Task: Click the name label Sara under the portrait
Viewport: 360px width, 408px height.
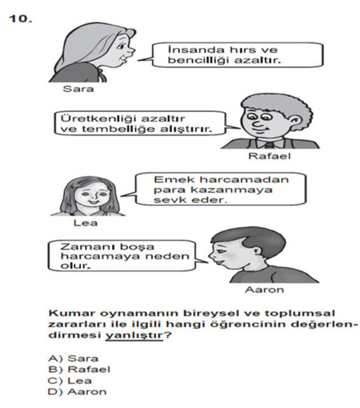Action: click(x=78, y=89)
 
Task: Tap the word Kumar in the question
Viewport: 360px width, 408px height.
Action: click(x=66, y=313)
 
